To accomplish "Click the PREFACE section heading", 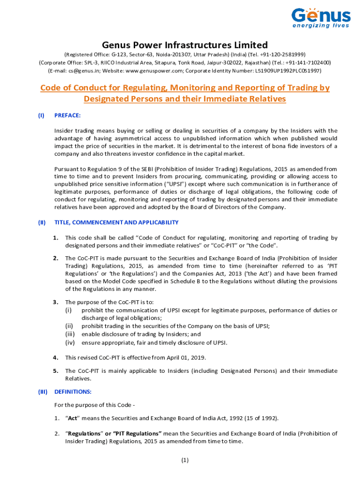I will pyautogui.click(x=68, y=115).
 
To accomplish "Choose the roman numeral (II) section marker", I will pyautogui.click(x=42, y=222).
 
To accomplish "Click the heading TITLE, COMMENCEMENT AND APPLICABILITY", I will pyautogui.click(x=116, y=222).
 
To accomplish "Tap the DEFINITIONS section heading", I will pyautogui.click(x=73, y=391).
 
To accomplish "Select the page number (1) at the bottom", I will pyautogui.click(x=185, y=460).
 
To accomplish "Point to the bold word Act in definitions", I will pyautogui.click(x=72, y=418).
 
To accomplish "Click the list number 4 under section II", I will pyautogui.click(x=55, y=357).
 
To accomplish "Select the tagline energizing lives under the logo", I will pyautogui.click(x=321, y=26).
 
